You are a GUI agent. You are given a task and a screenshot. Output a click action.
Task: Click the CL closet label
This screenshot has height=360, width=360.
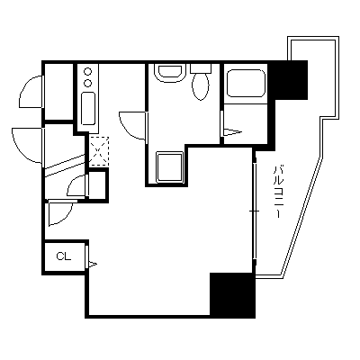64,256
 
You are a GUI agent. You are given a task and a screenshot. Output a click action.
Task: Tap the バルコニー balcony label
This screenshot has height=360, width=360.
277,191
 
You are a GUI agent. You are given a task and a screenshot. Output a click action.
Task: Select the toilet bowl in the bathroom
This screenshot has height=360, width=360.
201,86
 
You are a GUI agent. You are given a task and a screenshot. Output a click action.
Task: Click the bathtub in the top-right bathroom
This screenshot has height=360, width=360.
247,83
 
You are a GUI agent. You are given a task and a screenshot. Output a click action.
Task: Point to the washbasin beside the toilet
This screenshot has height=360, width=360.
170,72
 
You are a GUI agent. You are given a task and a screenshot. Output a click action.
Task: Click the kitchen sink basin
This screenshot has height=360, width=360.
88,109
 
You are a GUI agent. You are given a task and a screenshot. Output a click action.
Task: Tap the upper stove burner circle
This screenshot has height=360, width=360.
88,72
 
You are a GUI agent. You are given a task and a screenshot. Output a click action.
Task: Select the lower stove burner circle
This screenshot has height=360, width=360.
88,83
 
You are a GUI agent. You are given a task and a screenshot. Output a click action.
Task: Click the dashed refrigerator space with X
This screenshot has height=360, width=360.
99,151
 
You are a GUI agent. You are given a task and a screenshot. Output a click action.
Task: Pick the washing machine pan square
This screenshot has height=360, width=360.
170,166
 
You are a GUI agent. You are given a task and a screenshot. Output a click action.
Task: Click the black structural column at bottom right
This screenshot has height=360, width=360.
232,294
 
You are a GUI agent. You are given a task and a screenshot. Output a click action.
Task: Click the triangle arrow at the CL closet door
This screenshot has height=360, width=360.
92,265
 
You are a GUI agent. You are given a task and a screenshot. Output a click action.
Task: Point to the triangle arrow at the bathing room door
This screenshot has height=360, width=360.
233,132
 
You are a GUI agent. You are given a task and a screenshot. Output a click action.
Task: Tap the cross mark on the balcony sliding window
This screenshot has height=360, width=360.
255,211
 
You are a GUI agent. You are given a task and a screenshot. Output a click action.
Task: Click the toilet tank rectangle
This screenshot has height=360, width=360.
201,67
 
